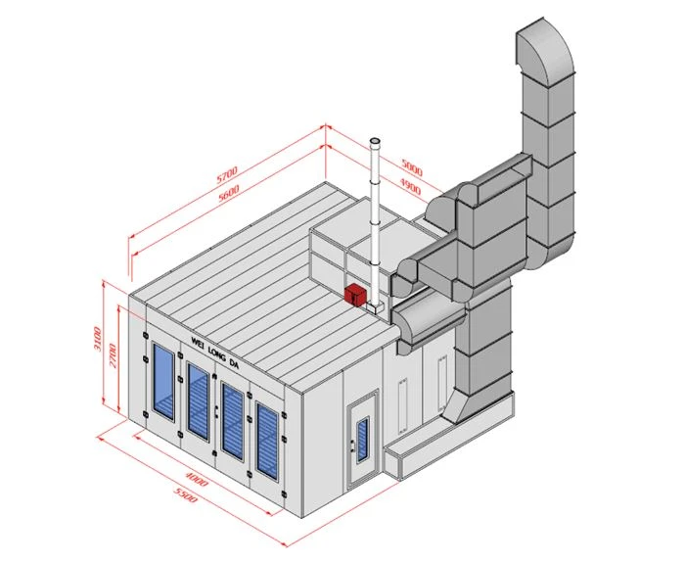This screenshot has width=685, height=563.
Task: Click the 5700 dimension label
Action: pyautogui.click(x=227, y=173)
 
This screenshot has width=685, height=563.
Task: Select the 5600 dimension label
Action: pyautogui.click(x=229, y=193)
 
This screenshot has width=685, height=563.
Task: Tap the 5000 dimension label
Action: pyautogui.click(x=412, y=167)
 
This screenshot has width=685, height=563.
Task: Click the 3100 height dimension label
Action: pyautogui.click(x=98, y=339)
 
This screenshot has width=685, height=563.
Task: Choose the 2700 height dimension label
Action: pyautogui.click(x=113, y=355)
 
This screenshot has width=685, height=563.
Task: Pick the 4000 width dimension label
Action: pyautogui.click(x=197, y=479)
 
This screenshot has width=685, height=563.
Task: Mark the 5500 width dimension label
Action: pyautogui.click(x=185, y=494)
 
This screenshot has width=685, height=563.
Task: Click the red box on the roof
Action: pyautogui.click(x=355, y=295)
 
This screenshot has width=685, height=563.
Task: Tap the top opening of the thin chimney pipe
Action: pyautogui.click(x=375, y=141)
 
